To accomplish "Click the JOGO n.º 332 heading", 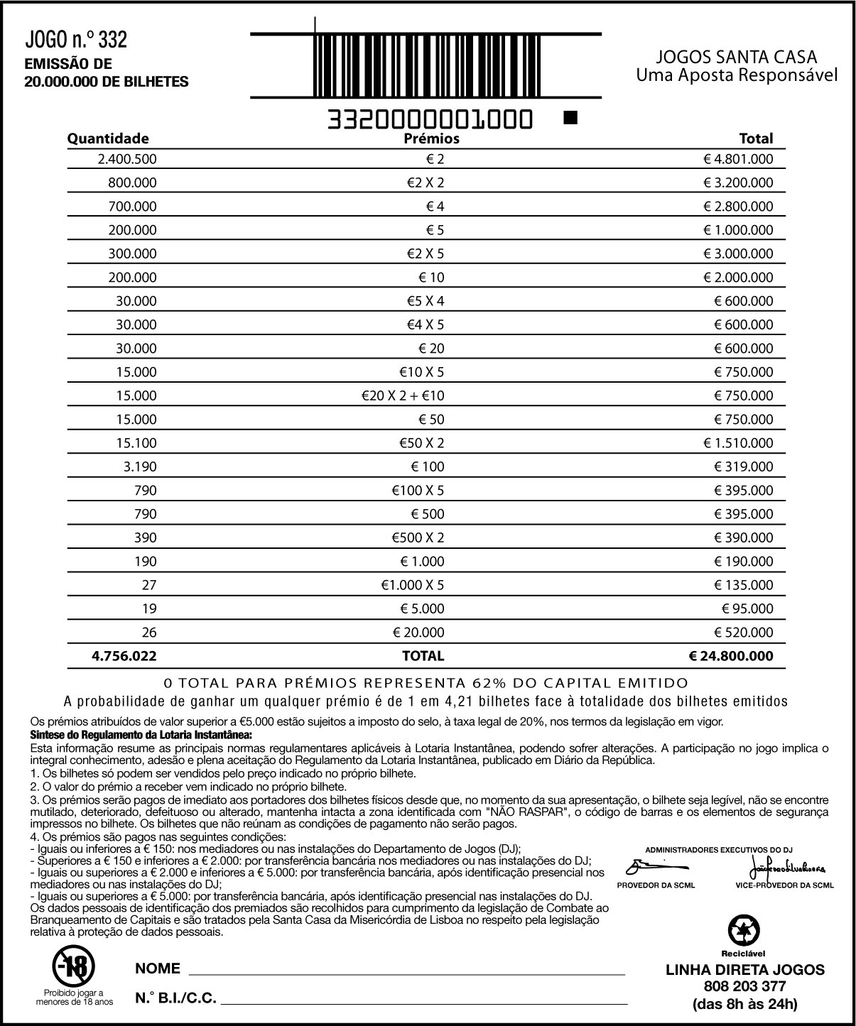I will (76, 40).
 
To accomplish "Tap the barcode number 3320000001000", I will (429, 120).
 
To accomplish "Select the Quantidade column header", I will (108, 138).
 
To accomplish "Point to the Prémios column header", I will (431, 138).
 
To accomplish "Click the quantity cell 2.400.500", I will (127, 159).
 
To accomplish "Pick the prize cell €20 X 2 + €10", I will (403, 395).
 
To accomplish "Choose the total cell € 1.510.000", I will (738, 443).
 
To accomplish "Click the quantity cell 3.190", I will (140, 466).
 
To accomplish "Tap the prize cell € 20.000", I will (418, 632).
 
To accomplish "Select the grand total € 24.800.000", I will (731, 656).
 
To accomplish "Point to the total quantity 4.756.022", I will (124, 656).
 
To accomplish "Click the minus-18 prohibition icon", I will (74, 964).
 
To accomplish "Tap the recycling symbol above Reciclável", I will (744, 931).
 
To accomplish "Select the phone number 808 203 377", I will (744, 986).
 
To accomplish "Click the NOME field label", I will (158, 968).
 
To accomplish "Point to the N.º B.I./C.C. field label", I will (175, 998).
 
